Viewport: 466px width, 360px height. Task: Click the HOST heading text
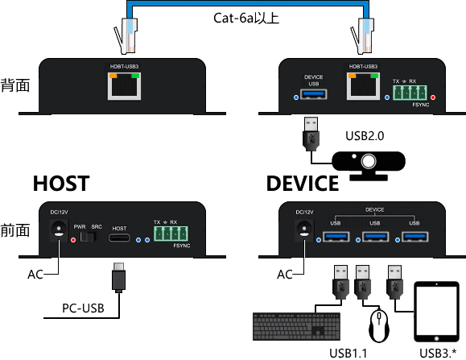pos(60,184)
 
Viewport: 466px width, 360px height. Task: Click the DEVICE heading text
pos(303,184)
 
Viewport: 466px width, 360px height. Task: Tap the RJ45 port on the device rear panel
pos(360,85)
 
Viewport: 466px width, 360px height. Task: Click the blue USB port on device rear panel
pos(313,97)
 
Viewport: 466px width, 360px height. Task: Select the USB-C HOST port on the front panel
pos(119,240)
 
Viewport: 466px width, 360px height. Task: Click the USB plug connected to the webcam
pos(310,134)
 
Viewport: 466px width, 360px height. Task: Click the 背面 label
pos(15,85)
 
